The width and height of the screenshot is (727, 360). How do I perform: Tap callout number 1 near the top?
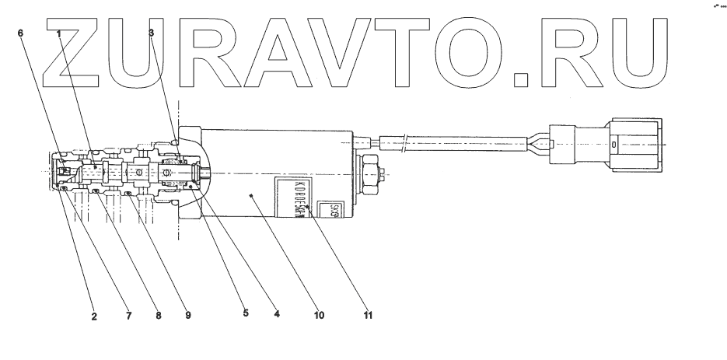click(x=58, y=33)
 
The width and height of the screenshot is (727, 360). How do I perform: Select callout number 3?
click(x=152, y=33)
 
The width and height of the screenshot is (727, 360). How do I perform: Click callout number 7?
click(x=130, y=316)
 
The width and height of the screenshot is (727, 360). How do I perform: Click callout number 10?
click(x=319, y=316)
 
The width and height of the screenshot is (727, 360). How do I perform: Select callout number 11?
click(x=369, y=316)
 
